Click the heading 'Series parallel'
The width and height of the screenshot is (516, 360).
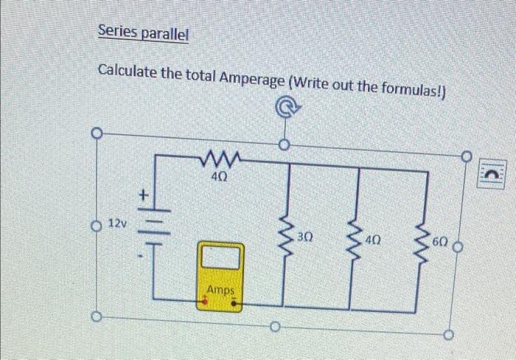(x=144, y=32)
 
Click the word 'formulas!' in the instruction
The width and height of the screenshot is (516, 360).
(x=414, y=89)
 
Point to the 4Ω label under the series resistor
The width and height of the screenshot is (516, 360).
(x=219, y=178)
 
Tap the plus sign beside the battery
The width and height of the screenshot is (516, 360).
(x=143, y=195)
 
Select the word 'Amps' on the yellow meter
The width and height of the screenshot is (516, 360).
(x=221, y=290)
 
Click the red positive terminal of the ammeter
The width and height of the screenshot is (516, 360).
(x=205, y=301)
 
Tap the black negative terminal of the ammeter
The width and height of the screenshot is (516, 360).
(x=234, y=302)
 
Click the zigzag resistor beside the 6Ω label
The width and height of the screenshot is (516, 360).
(x=422, y=243)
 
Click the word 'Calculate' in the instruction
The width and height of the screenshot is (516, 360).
(x=127, y=71)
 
